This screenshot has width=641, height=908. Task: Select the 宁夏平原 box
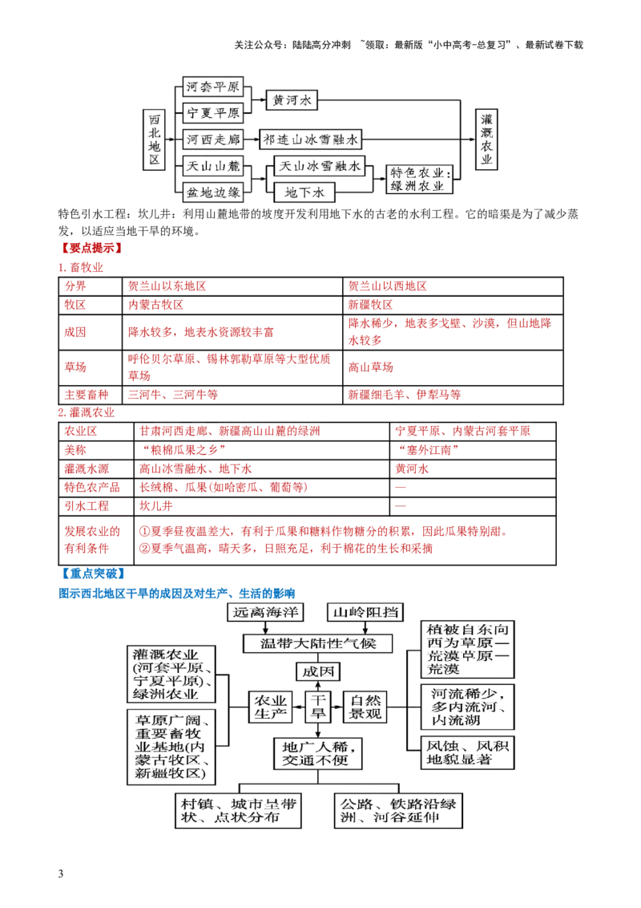point(212,112)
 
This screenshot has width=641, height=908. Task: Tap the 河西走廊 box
point(212,139)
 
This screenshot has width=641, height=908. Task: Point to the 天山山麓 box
point(212,166)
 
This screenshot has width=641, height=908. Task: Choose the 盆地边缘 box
point(212,192)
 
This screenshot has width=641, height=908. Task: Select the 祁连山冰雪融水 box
point(312,139)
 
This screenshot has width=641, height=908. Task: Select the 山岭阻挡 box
point(365,611)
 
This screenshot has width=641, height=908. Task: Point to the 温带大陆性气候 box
point(319,643)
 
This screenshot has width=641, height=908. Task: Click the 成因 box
point(318,671)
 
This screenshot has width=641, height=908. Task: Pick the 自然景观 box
point(368,705)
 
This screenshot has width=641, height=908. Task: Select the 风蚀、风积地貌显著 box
point(470,754)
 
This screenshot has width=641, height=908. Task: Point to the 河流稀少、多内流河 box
point(470,706)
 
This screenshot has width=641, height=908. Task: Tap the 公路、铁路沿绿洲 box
point(401,811)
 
